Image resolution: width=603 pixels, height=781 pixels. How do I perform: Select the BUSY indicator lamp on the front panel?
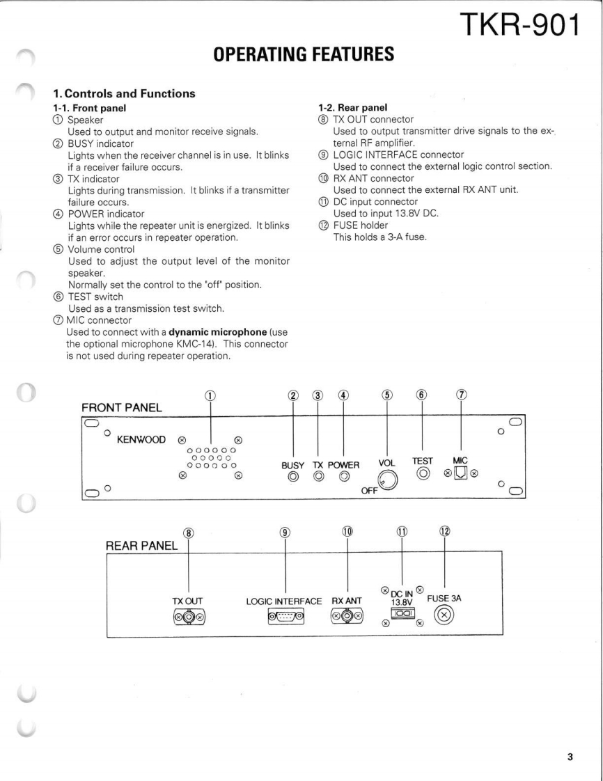pos(293,477)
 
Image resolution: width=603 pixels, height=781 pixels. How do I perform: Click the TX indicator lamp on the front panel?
pos(318,477)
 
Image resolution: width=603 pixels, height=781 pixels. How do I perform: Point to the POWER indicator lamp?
pos(343,477)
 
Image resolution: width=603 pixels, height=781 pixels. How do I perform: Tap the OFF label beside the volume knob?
pos(368,491)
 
